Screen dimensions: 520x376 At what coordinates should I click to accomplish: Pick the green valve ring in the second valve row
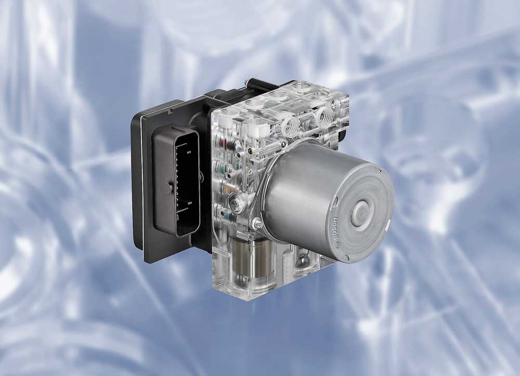[226, 166]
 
